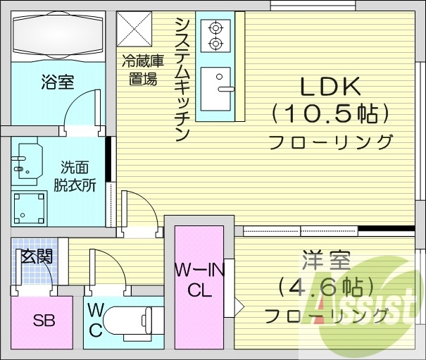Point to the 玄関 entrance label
tap(36, 256)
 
